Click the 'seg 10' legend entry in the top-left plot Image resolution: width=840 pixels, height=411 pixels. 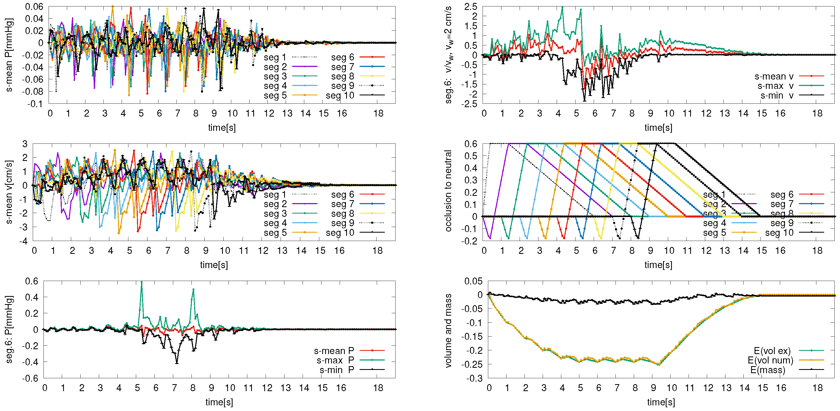340,96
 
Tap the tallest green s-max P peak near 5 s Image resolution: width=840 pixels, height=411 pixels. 142,282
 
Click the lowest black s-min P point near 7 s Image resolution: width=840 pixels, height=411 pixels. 177,363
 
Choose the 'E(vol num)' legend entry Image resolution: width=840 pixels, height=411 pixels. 770,360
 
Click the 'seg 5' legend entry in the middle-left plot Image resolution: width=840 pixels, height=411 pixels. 275,233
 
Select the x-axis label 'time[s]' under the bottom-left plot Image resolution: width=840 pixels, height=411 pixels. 219,402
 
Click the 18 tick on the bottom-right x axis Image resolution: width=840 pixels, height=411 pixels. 817,388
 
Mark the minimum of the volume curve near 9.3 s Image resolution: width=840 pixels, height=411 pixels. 659,364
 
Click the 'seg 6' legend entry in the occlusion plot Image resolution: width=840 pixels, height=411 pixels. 782,195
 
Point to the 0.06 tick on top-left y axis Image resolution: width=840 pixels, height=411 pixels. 34,6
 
